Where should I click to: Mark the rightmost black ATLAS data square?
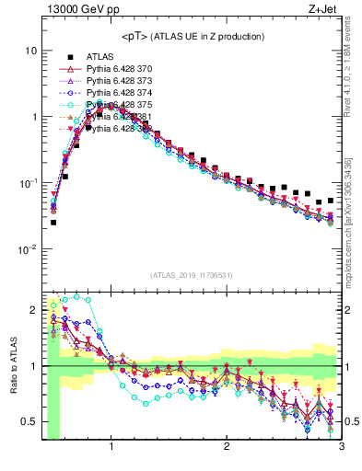pyautogui.click(x=332, y=200)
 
